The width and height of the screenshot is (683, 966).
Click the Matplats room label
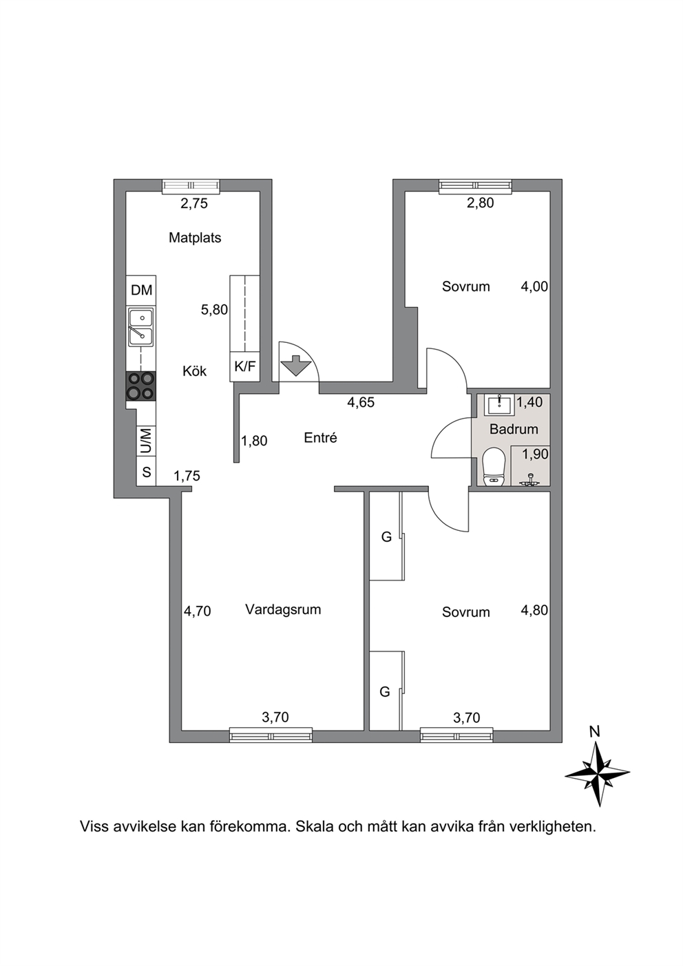194,238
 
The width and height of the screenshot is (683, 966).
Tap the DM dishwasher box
141,291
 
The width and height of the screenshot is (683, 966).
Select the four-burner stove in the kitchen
141,386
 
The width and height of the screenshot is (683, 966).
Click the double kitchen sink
141,326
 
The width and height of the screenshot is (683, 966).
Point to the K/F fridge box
244,366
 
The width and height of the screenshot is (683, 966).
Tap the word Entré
320,438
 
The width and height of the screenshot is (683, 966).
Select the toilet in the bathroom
494,467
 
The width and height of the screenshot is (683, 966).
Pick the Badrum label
514,430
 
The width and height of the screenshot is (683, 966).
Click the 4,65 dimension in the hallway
361,402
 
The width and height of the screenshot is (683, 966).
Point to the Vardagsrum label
283,609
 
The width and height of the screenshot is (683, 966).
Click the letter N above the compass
595,732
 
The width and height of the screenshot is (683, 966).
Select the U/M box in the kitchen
146,441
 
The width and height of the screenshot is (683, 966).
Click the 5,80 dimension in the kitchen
214,310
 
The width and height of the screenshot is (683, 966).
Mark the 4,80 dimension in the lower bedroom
534,610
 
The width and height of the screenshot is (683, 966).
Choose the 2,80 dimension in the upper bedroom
481,202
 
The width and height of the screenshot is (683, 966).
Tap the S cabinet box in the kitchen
146,472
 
